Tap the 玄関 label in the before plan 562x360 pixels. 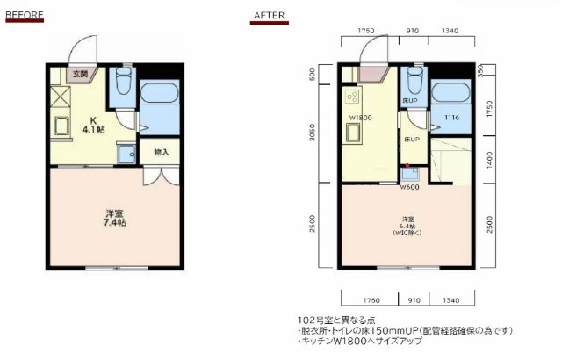coord(80,75)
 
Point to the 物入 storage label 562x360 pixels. coord(161,152)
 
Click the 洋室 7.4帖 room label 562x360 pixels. coord(115,218)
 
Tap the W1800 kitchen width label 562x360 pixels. coord(360,118)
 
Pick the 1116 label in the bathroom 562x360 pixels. coord(451,118)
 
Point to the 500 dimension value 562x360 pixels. coord(313,76)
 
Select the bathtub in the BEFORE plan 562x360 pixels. coord(158,95)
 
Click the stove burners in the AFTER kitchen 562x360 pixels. coord(354,96)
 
